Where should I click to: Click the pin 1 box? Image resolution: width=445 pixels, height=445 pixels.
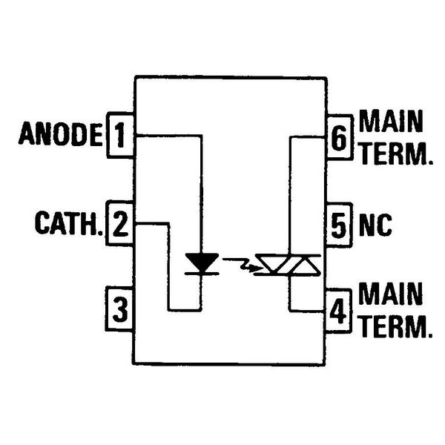tap(120, 135)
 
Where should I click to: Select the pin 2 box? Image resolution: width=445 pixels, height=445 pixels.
tap(119, 223)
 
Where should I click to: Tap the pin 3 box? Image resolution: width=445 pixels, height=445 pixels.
tap(119, 309)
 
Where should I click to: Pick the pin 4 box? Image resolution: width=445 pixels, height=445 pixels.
tap(338, 311)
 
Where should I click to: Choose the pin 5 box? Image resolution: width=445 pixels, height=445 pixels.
tap(339, 225)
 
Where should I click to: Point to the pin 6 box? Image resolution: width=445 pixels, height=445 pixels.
tap(340, 138)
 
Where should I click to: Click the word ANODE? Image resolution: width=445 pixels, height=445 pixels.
tap(61, 133)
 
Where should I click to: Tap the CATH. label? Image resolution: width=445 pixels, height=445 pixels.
tap(69, 223)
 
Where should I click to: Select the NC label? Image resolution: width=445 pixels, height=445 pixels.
tap(375, 225)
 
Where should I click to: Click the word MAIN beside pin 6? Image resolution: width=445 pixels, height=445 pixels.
tap(391, 121)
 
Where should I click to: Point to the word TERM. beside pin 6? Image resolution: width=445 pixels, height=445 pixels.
tap(396, 154)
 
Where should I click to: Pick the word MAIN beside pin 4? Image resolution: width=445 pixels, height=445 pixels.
tap(390, 294)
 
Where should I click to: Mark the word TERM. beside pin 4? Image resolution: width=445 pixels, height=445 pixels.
tap(395, 326)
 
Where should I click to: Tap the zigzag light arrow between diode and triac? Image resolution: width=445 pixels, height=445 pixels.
tap(243, 264)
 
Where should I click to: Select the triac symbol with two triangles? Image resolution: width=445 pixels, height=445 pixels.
tap(288, 266)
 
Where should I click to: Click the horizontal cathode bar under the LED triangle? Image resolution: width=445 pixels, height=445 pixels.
tap(202, 273)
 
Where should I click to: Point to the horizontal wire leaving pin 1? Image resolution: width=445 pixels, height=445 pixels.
tap(169, 136)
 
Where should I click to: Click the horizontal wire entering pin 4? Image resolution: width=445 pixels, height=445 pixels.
tap(307, 310)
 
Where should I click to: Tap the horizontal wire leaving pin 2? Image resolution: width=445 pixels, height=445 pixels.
tap(152, 224)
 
